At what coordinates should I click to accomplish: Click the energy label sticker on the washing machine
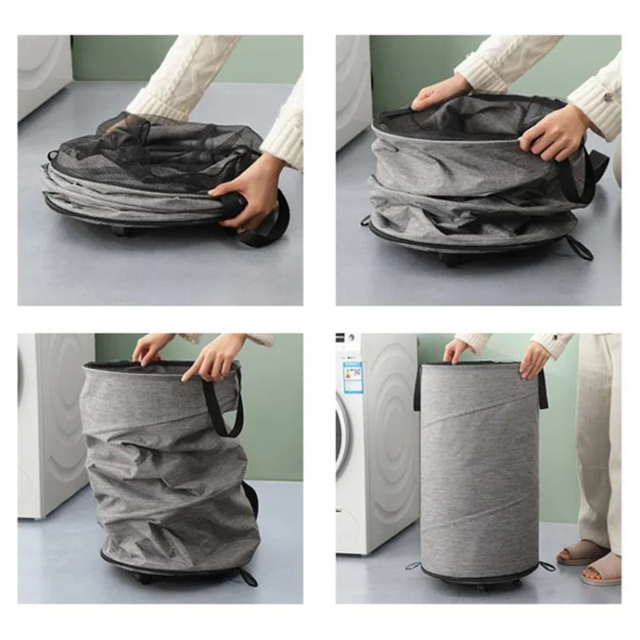(x=352, y=376)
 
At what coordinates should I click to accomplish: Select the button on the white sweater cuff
(x=607, y=97)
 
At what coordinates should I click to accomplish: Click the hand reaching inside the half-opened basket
(x=439, y=92)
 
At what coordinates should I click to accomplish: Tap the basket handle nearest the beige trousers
(x=543, y=388)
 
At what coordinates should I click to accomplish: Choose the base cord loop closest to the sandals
(x=546, y=566)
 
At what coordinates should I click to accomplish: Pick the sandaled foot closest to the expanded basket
(x=582, y=552)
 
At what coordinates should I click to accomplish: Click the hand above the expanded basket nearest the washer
(x=456, y=350)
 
